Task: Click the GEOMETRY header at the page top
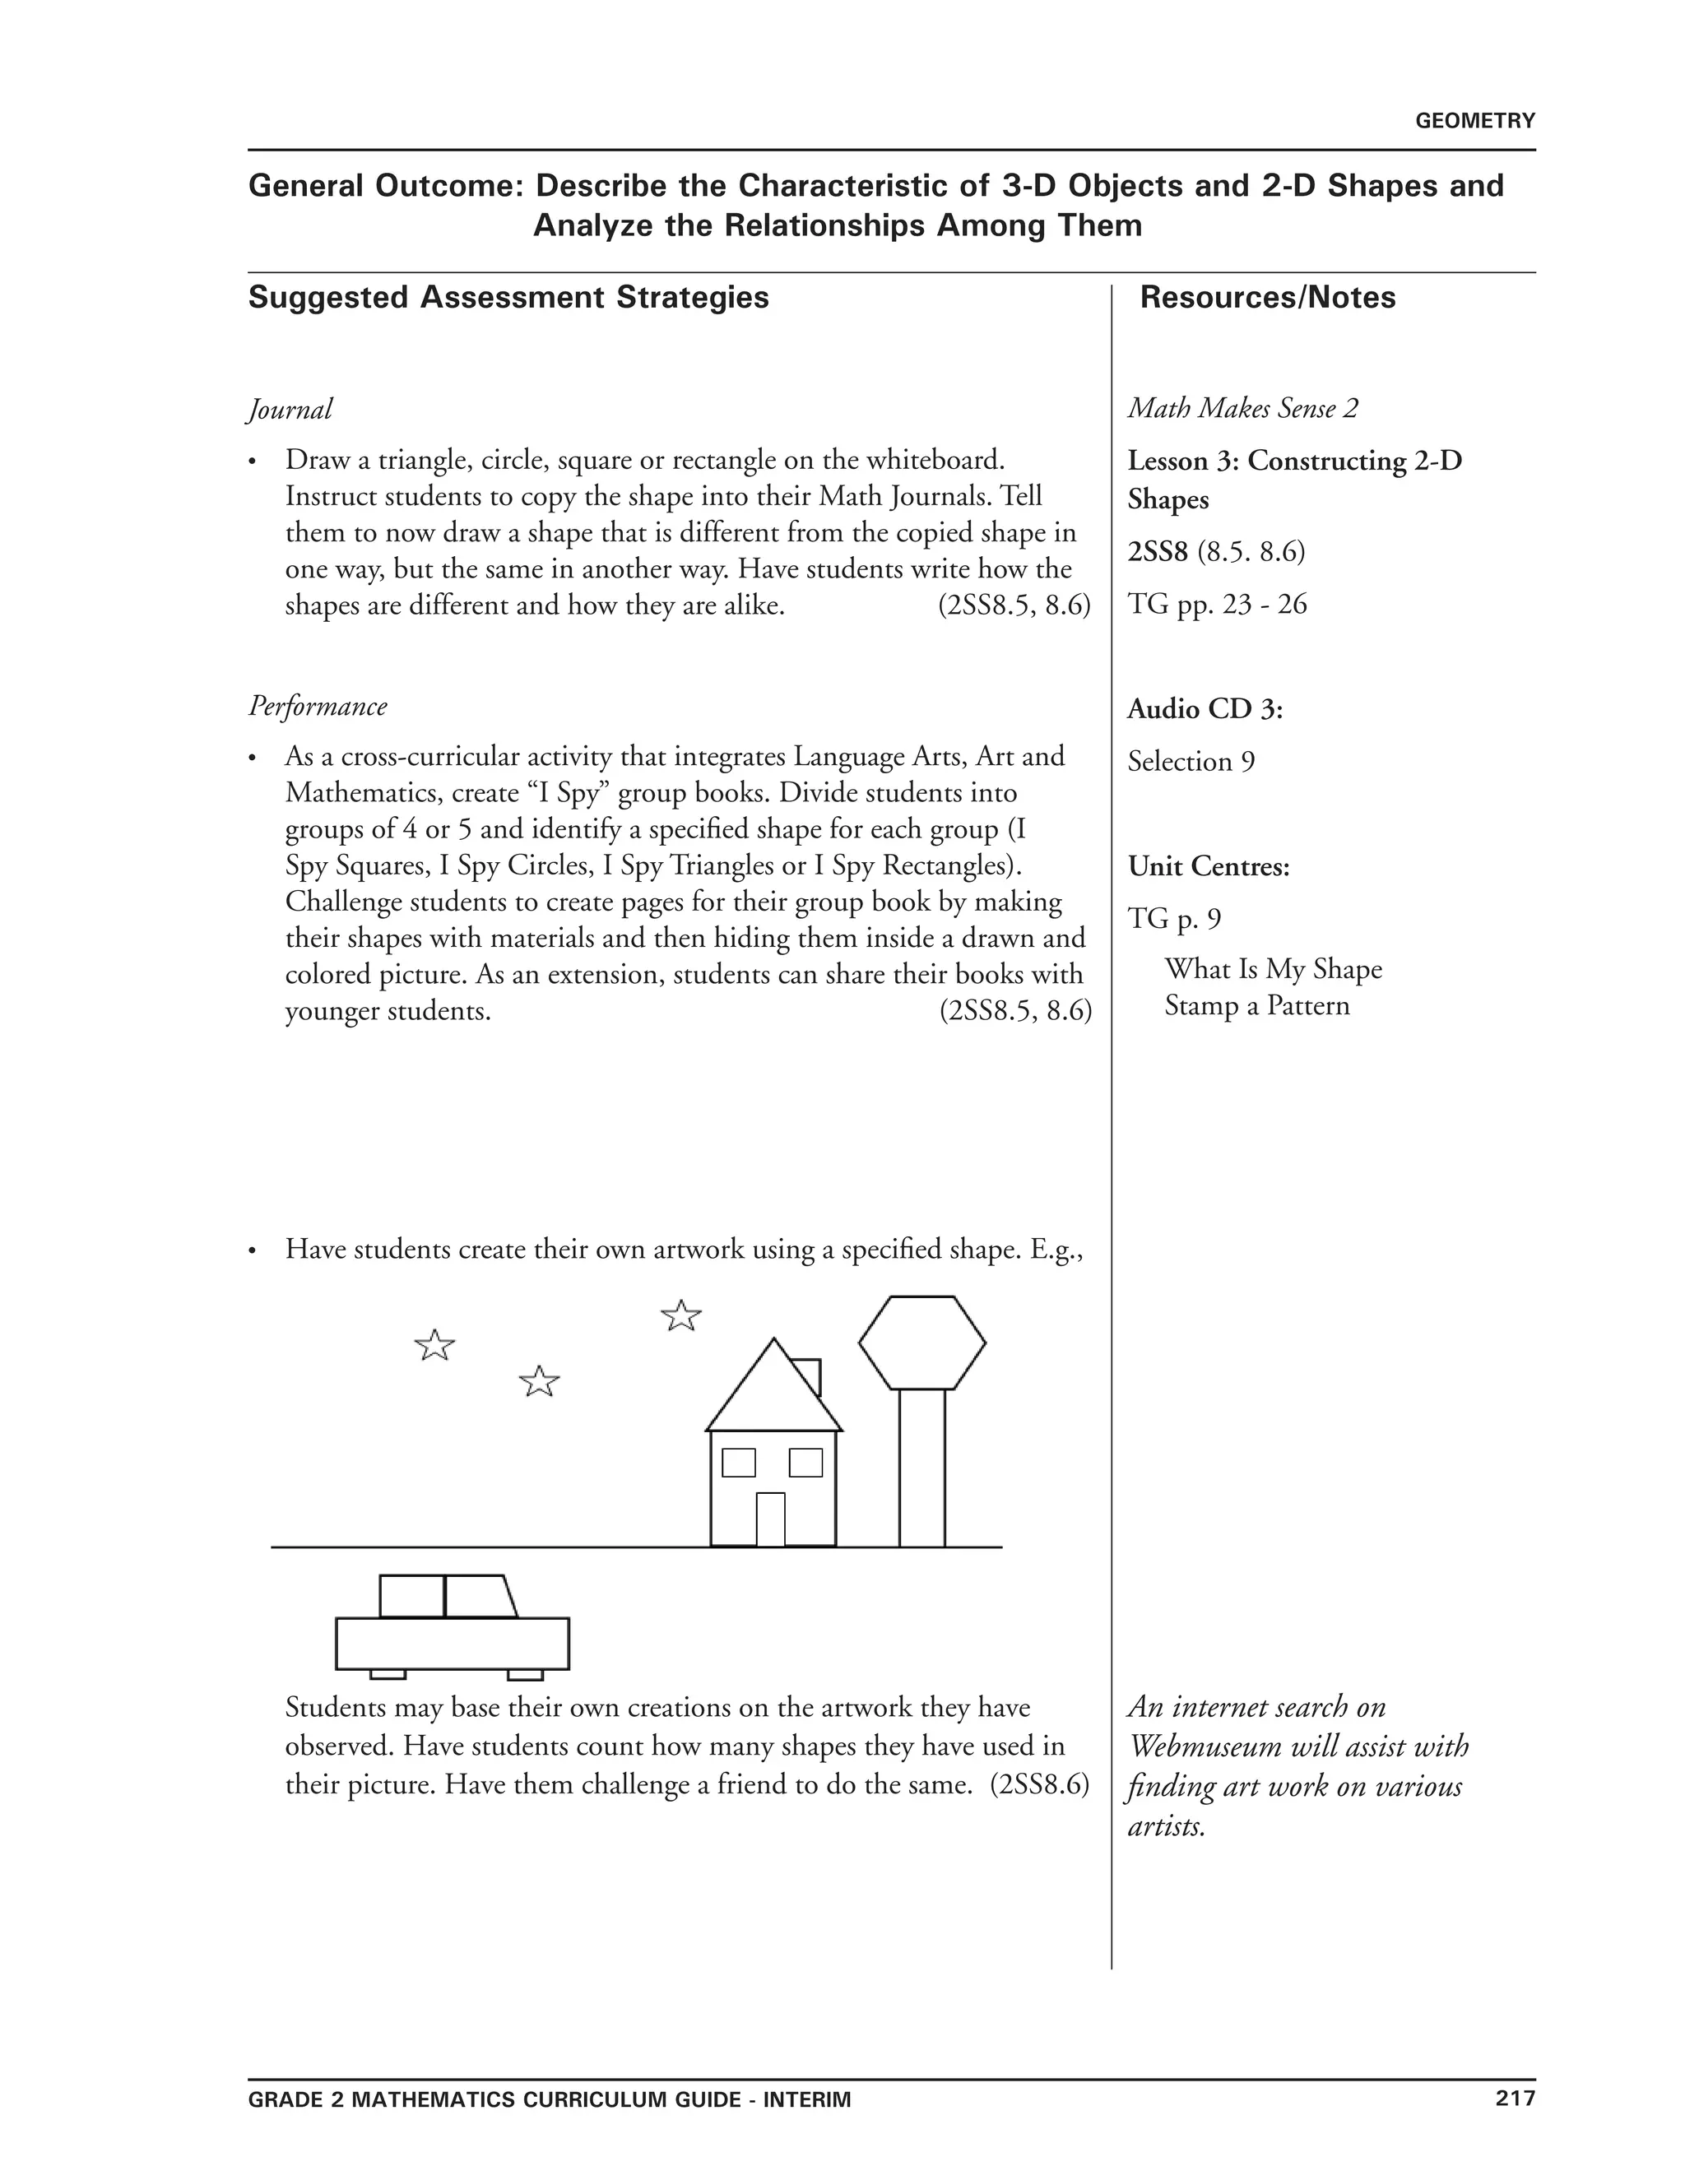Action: coord(1474,121)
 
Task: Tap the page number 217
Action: coord(1515,2097)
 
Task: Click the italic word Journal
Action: coord(290,409)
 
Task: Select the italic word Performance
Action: coord(318,706)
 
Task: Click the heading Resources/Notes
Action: coord(1267,298)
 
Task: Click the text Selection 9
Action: coord(1191,762)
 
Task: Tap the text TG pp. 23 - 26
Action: coord(1217,604)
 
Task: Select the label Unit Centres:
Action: coord(1209,866)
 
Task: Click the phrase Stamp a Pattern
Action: coord(1257,1005)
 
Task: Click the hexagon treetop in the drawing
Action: coord(921,1343)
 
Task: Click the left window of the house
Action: coord(739,1463)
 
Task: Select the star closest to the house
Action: coord(680,1315)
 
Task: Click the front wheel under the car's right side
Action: coord(525,1674)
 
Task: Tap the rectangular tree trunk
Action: coord(921,1468)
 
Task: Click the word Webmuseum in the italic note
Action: coord(1205,1746)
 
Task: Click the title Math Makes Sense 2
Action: coord(1243,408)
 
